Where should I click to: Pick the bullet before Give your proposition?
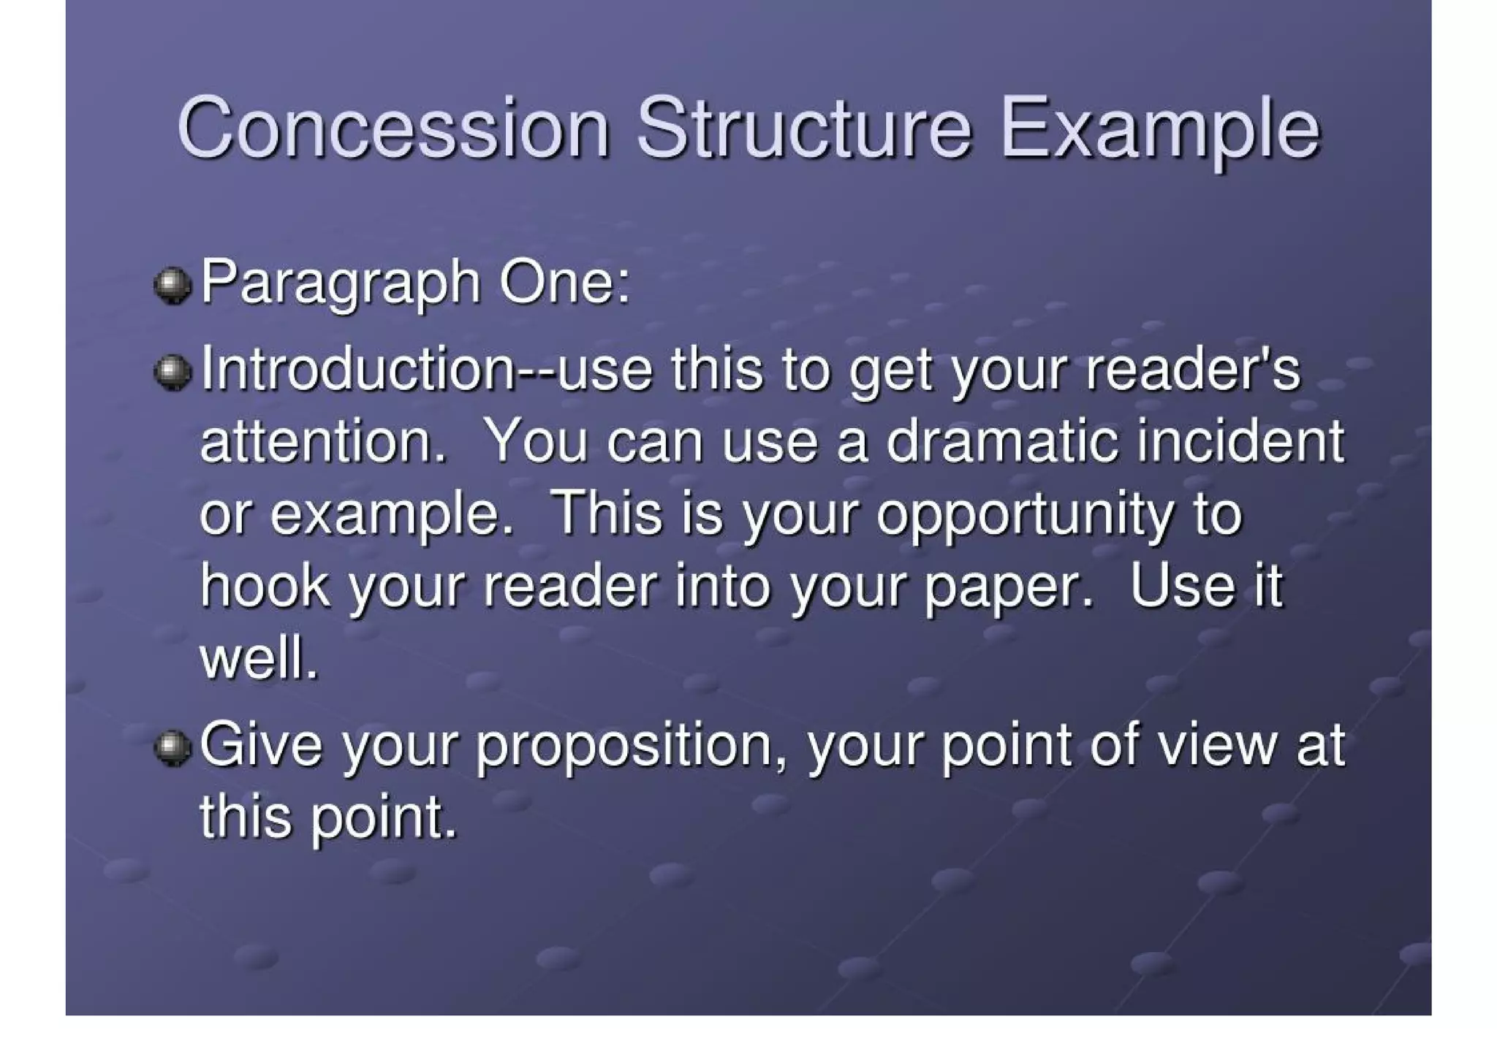coord(173,748)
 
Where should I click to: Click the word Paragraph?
coord(340,283)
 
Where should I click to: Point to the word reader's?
coord(1193,370)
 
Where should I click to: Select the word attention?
coord(322,442)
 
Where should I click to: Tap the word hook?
coord(265,586)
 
